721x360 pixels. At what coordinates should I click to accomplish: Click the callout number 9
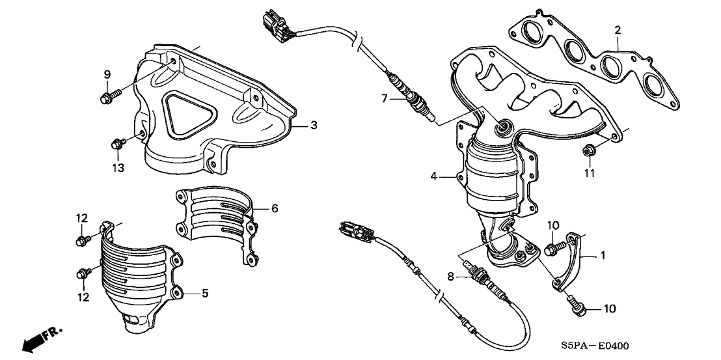[x=107, y=76]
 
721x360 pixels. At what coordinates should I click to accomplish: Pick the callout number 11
[x=274, y=208]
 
